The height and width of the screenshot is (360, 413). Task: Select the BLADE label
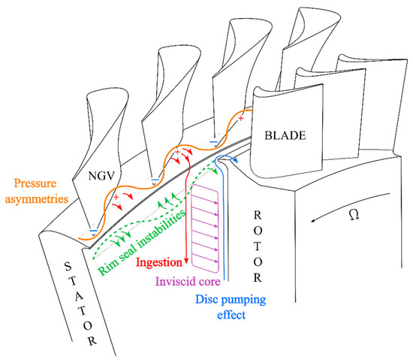pos(282,136)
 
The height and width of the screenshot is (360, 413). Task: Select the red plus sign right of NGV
pos(116,198)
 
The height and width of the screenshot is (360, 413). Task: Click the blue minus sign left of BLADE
pos(213,141)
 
